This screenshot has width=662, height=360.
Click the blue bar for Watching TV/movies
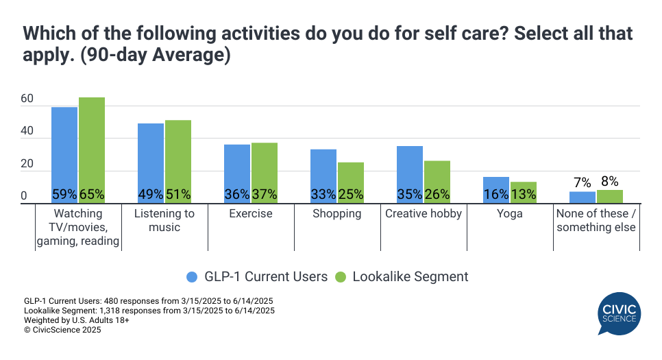pyautogui.click(x=64, y=151)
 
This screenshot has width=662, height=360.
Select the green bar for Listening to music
pyautogui.click(x=178, y=158)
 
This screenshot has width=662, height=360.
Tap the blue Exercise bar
pyautogui.click(x=237, y=168)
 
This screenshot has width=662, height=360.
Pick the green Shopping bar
pyautogui.click(x=351, y=178)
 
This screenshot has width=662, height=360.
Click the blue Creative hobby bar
pyautogui.click(x=410, y=168)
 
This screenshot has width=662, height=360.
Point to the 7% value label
pyautogui.click(x=583, y=182)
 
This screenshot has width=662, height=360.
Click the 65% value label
pyautogui.click(x=92, y=195)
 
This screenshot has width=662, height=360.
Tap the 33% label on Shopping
pyautogui.click(x=323, y=195)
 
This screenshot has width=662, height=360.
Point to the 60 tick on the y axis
pyautogui.click(x=27, y=99)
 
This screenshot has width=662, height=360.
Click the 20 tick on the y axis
pyautogui.click(x=27, y=165)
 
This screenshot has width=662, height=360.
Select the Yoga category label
pyautogui.click(x=510, y=214)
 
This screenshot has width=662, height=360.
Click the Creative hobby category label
pyautogui.click(x=424, y=214)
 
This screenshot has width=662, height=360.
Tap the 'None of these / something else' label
pyautogui.click(x=596, y=220)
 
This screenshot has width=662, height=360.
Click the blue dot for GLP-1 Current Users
pyautogui.click(x=193, y=277)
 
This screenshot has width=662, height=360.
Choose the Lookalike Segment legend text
pyautogui.click(x=410, y=277)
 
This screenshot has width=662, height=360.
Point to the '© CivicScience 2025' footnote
pyautogui.click(x=62, y=330)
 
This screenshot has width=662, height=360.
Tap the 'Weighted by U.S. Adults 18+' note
pyautogui.click(x=77, y=320)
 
